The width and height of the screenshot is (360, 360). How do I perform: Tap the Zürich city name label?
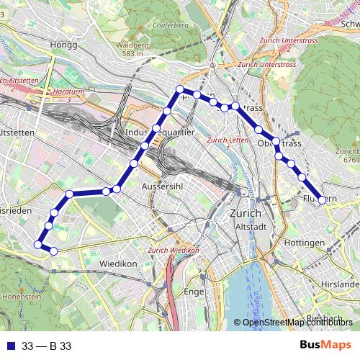(245, 214)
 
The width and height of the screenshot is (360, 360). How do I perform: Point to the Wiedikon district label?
(119, 264)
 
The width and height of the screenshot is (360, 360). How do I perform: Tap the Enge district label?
(194, 292)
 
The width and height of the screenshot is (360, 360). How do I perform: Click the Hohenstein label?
(22, 295)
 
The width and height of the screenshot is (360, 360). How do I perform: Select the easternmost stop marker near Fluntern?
(322, 200)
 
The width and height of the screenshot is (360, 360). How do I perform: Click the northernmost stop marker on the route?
(180, 90)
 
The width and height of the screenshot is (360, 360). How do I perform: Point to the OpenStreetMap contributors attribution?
(298, 322)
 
